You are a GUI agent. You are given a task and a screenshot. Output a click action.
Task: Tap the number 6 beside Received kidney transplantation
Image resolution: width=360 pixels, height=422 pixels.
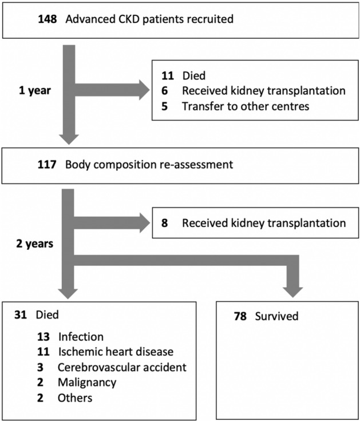point(165,90)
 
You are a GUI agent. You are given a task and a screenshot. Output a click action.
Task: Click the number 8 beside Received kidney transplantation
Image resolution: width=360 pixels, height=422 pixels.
point(165,222)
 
